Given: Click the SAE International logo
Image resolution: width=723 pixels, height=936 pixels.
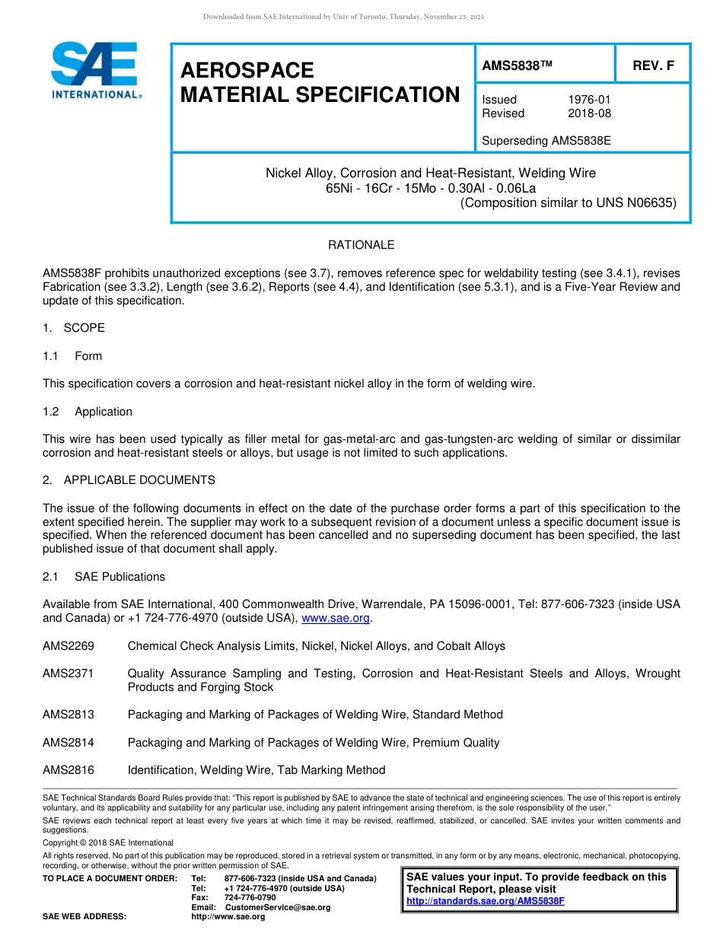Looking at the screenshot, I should point(94,70).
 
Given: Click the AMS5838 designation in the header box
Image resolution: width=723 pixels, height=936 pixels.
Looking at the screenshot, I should point(517,65).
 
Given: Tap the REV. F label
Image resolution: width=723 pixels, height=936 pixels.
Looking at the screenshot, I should point(653,65).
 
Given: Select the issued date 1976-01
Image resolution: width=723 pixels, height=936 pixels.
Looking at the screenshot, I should point(589,100).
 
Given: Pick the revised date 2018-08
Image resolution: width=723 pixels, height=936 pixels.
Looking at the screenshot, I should point(589,113).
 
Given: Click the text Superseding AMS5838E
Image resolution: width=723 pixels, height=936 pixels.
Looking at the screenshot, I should point(546,141).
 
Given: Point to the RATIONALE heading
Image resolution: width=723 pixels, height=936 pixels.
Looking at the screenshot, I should point(361,245).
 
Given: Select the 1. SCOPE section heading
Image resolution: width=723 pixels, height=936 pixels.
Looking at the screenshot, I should point(74,328).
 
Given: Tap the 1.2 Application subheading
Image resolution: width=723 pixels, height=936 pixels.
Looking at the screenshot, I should point(88,412).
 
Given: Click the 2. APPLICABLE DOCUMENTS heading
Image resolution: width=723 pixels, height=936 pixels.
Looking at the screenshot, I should point(129,480).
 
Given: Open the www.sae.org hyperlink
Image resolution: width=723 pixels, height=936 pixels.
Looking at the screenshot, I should point(336,619).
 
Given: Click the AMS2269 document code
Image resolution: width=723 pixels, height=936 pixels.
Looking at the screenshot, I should point(68,646).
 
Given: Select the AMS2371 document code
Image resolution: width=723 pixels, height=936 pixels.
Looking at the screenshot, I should point(68,673).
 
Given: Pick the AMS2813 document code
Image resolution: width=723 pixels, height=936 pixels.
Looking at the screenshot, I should point(68,715).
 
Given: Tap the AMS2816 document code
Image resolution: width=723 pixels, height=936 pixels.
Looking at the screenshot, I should point(68,770).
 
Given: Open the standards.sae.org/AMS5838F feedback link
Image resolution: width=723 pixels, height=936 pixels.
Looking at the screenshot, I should point(486,901).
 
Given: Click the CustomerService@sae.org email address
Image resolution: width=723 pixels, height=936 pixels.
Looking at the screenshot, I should point(278,907).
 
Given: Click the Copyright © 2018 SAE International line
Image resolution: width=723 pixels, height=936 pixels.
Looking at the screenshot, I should point(108,842).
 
